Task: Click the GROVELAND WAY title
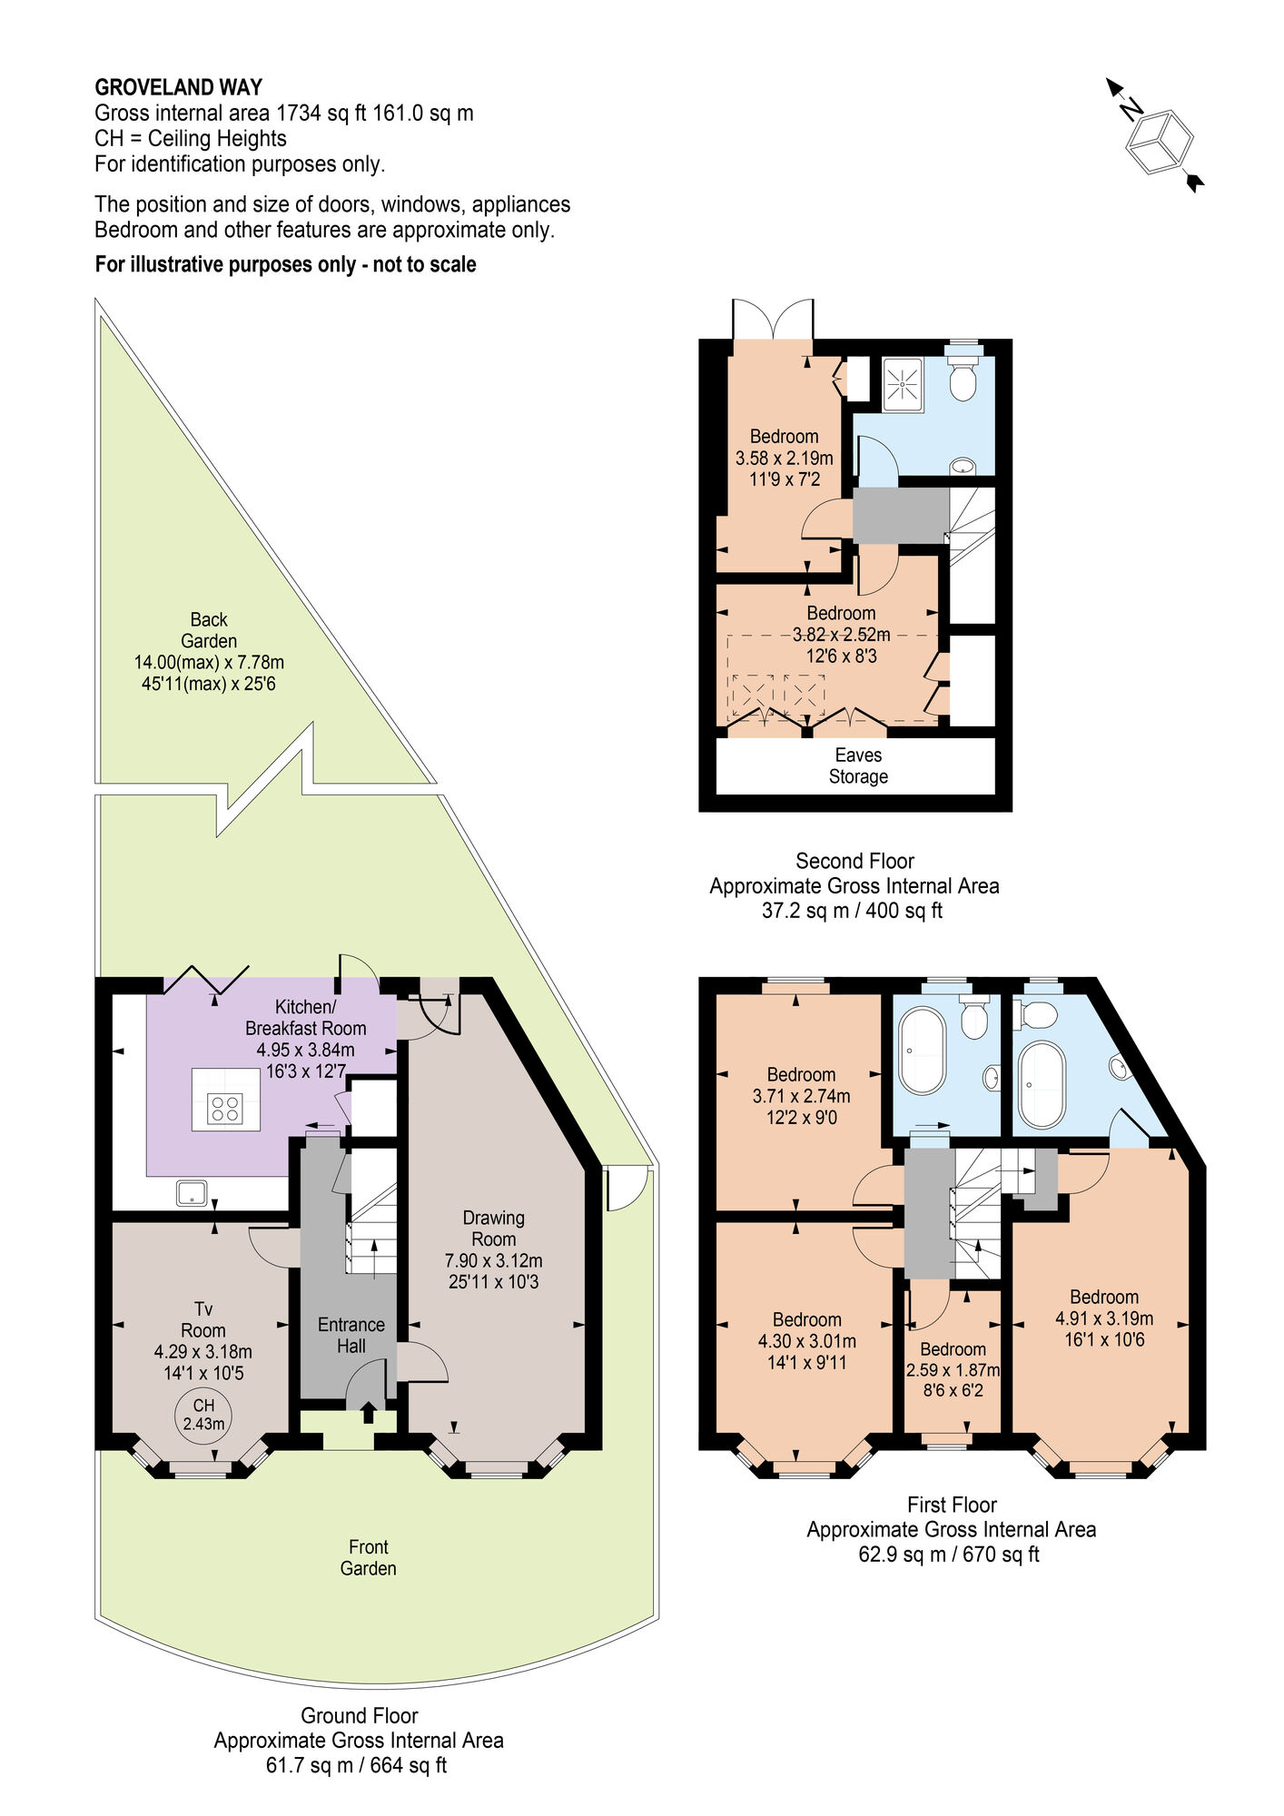pos(179,88)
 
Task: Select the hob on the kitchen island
pos(225,1109)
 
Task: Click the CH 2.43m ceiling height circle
pos(203,1415)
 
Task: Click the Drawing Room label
pos(493,1228)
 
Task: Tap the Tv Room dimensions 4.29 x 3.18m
pos(203,1352)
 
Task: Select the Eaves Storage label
pos(857,765)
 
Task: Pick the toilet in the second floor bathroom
pos(963,379)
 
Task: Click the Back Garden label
pos(209,630)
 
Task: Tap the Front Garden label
pos(368,1557)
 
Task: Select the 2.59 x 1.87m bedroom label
pos(953,1369)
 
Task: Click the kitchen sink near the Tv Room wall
pos(193,1192)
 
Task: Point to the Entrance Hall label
pos(351,1335)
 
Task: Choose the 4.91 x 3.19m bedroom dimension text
pos(1104,1318)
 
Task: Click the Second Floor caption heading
pos(854,861)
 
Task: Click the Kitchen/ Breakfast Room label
pos(305,1017)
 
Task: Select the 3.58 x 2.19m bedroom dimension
pos(785,459)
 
